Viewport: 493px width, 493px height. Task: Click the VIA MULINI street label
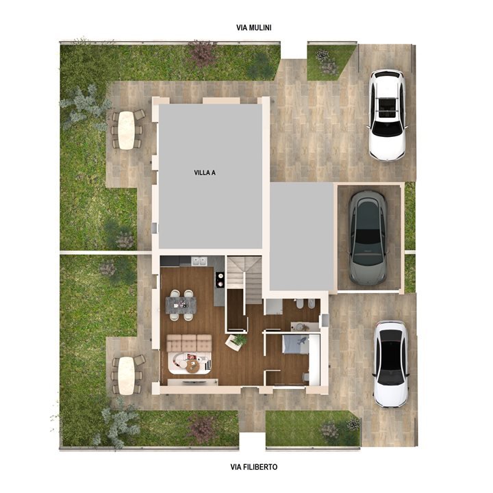click(x=253, y=28)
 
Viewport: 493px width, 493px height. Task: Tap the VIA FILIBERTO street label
click(x=253, y=467)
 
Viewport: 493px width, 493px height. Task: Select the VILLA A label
click(x=205, y=173)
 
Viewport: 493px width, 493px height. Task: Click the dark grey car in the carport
click(x=367, y=236)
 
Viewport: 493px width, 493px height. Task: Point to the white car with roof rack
click(x=387, y=114)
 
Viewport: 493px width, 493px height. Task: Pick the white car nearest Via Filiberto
click(x=390, y=363)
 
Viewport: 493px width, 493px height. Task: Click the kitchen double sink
click(x=199, y=261)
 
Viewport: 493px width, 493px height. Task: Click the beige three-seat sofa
click(x=188, y=342)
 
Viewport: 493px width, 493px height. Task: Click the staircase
click(x=244, y=277)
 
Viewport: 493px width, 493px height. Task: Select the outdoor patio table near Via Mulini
click(x=125, y=129)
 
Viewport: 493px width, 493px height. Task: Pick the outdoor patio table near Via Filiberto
click(x=125, y=375)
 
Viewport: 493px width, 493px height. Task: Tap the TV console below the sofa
click(x=189, y=381)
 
